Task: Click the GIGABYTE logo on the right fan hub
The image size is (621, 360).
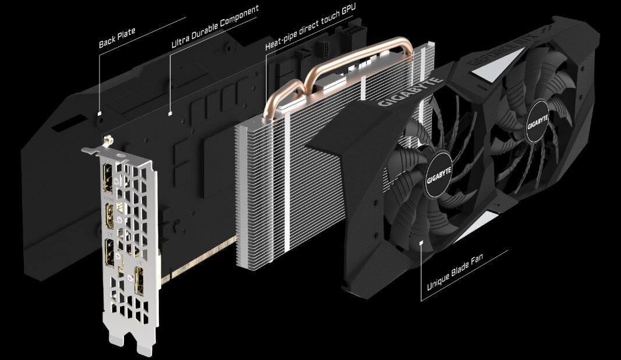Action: [x=537, y=123]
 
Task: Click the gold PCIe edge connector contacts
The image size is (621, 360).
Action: [x=198, y=260]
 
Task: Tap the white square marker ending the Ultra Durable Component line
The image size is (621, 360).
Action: [x=169, y=112]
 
